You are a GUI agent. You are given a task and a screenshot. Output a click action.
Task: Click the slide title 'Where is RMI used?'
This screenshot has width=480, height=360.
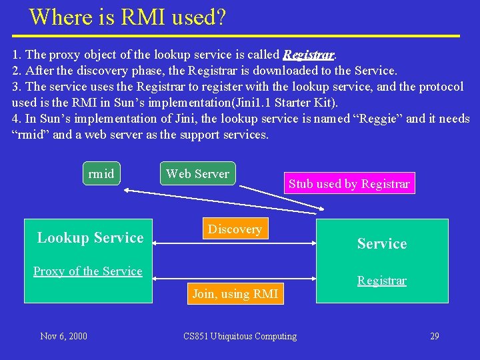tap(127, 17)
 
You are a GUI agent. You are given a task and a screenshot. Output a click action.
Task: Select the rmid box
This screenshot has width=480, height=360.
tap(101, 174)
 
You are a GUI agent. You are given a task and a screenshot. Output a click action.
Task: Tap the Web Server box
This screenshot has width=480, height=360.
tap(197, 174)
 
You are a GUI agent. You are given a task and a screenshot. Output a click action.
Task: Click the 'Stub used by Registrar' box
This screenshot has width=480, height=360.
tap(349, 184)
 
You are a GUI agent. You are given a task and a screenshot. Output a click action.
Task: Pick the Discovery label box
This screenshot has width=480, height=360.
tap(235, 229)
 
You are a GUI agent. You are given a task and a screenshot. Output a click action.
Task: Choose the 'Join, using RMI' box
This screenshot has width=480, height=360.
tap(235, 293)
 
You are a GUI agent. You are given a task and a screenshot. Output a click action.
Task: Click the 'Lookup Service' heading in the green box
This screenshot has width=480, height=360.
tap(90, 238)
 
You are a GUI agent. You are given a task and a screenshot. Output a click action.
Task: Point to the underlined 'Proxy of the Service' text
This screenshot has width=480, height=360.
tap(88, 271)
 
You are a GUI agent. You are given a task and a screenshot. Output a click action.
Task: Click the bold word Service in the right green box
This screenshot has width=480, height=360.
tap(381, 244)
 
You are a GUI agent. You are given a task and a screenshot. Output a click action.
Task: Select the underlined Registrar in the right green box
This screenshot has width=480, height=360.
tap(381, 281)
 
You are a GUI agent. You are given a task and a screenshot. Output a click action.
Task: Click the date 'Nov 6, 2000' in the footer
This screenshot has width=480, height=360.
tap(63, 336)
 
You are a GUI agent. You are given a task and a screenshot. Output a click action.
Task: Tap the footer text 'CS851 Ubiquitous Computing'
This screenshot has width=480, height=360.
tap(240, 336)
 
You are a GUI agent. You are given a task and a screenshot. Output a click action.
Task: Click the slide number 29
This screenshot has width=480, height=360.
tap(434, 336)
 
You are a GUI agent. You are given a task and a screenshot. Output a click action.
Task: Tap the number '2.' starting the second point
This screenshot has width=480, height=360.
tap(17, 70)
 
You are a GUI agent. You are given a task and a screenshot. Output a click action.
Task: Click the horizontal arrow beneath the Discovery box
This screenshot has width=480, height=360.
tap(235, 244)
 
